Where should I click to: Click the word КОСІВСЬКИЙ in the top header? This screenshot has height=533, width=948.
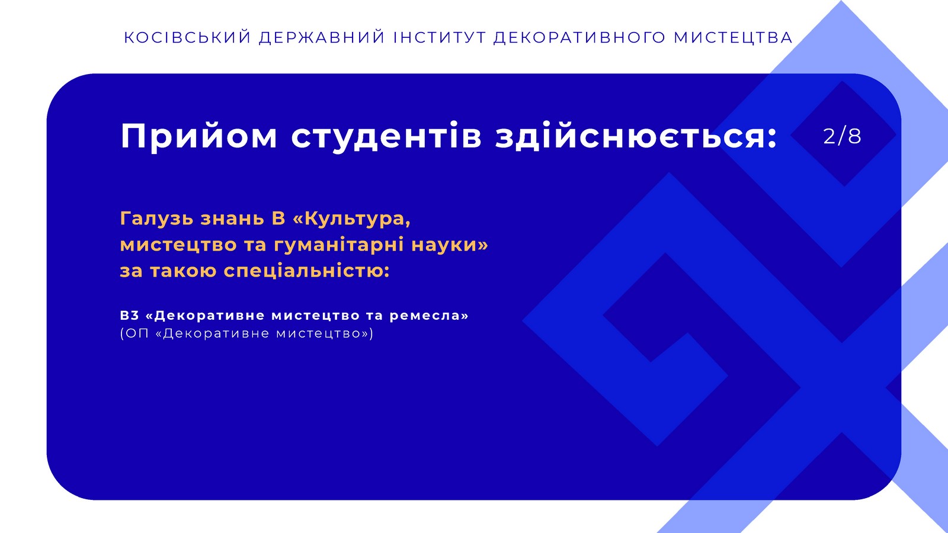tap(187, 37)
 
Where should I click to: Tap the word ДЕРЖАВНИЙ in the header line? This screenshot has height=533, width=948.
tap(322, 38)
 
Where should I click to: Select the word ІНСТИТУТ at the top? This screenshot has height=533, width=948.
tap(440, 38)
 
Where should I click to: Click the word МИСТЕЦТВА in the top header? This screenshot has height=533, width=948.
tap(733, 38)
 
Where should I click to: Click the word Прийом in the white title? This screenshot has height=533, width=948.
tap(199, 136)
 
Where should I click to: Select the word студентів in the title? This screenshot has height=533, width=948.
tap(386, 136)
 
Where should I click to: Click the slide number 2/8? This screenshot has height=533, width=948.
tap(842, 136)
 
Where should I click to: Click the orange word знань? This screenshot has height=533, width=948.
tap(232, 219)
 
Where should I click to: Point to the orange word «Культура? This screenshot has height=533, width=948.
tap(352, 219)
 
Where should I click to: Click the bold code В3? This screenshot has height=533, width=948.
tap(130, 316)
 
